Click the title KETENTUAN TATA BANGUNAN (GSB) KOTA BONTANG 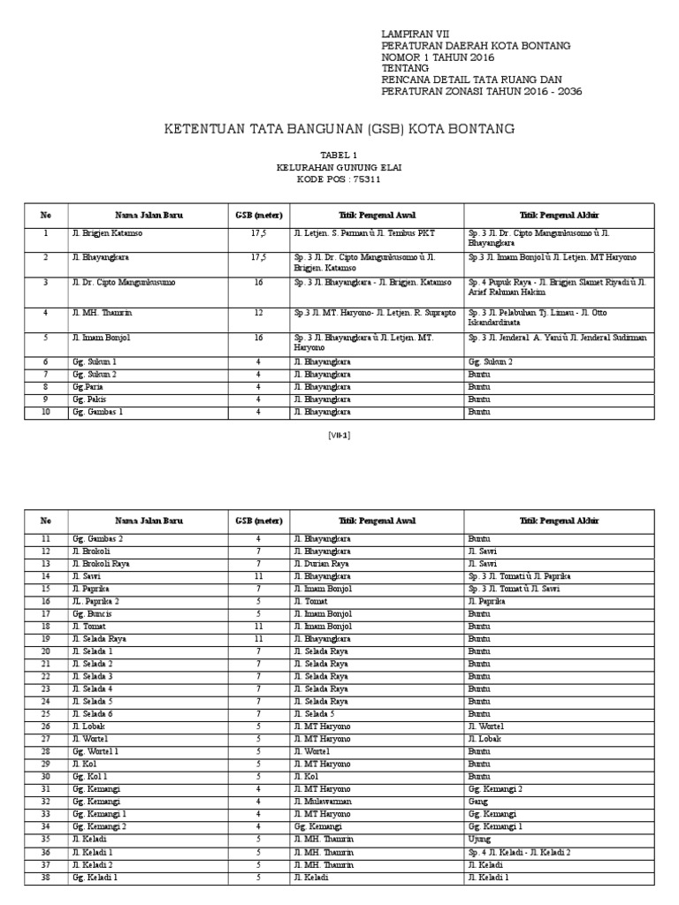click(x=339, y=130)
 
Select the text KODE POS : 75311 click(x=339, y=179)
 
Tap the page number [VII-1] click(x=339, y=435)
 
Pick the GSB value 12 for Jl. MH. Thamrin click(x=258, y=313)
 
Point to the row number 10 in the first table click(x=46, y=412)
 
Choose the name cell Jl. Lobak click(x=89, y=725)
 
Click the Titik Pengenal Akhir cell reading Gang click(x=477, y=801)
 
